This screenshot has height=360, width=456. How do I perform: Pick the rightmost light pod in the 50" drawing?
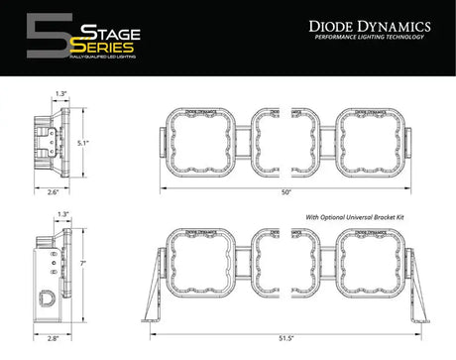[x=370, y=140]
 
